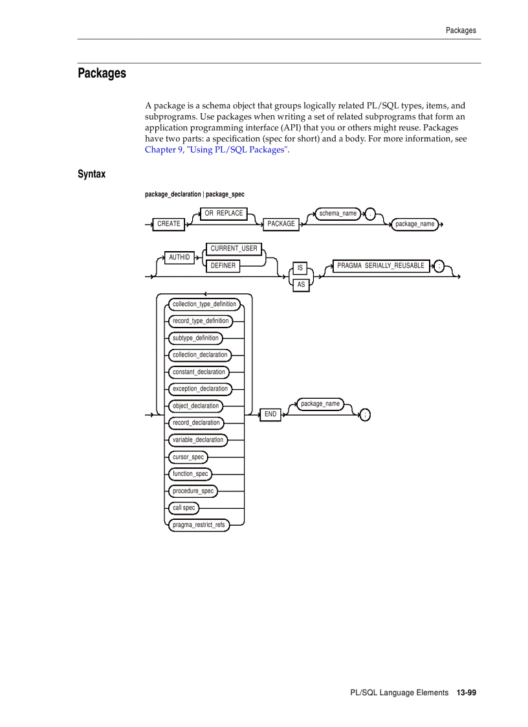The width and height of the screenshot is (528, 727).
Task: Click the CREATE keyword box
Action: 169,224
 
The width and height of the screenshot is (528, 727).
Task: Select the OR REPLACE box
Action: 224,214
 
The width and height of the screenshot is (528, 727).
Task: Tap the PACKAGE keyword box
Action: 281,224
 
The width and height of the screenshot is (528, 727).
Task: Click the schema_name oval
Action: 338,214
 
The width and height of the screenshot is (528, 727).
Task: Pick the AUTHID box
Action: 179,258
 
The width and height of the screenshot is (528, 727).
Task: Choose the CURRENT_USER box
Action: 234,249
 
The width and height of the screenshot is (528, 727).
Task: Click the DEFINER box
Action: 223,265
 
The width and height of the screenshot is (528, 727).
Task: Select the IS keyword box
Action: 300,268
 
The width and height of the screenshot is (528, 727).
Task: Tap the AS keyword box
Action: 301,285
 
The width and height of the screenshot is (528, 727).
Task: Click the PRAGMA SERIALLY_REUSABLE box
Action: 380,266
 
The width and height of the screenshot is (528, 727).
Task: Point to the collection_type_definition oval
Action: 204,304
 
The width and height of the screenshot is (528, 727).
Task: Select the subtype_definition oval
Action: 195,338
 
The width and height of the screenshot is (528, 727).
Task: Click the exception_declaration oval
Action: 200,389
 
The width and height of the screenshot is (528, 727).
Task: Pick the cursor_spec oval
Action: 188,457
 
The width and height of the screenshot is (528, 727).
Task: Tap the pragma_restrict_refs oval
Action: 199,525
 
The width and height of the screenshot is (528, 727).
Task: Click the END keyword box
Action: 270,414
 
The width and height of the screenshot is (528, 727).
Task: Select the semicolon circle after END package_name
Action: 365,415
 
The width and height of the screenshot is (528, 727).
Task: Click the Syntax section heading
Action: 91,174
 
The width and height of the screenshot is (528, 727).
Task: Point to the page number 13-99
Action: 466,693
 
